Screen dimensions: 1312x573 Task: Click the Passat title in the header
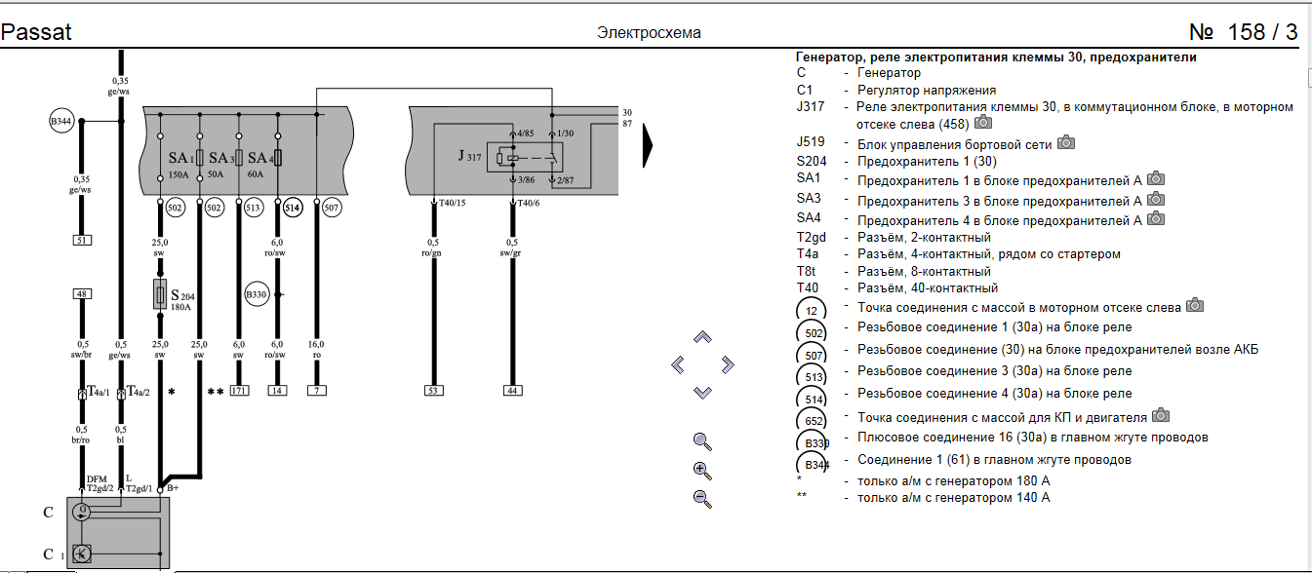[x=36, y=32]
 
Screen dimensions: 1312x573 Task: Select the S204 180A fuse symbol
[x=160, y=294]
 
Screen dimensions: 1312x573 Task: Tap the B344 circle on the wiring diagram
[x=60, y=121]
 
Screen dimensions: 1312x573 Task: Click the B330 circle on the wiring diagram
[x=256, y=294]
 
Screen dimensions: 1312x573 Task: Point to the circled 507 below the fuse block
[x=332, y=208]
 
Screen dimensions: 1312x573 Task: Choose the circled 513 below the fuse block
[x=253, y=208]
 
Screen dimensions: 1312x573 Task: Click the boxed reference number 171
[x=238, y=391]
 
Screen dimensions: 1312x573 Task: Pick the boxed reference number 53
[x=433, y=391]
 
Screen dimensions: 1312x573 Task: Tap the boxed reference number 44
[x=512, y=391]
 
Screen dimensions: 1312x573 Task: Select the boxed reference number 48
[x=82, y=294]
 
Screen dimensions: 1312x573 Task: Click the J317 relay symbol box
[x=525, y=158]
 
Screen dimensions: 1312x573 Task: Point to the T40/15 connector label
[x=453, y=203]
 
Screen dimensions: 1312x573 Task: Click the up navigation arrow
[x=702, y=337]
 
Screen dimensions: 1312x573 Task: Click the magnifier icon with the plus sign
[x=701, y=471]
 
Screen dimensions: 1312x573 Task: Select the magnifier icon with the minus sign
[x=701, y=499]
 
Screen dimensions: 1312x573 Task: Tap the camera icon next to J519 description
[x=1066, y=142]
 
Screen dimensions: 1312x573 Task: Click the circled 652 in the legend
[x=812, y=419]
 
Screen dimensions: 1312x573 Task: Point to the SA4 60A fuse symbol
[x=278, y=158]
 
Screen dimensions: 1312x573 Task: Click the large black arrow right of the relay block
[x=647, y=146]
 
